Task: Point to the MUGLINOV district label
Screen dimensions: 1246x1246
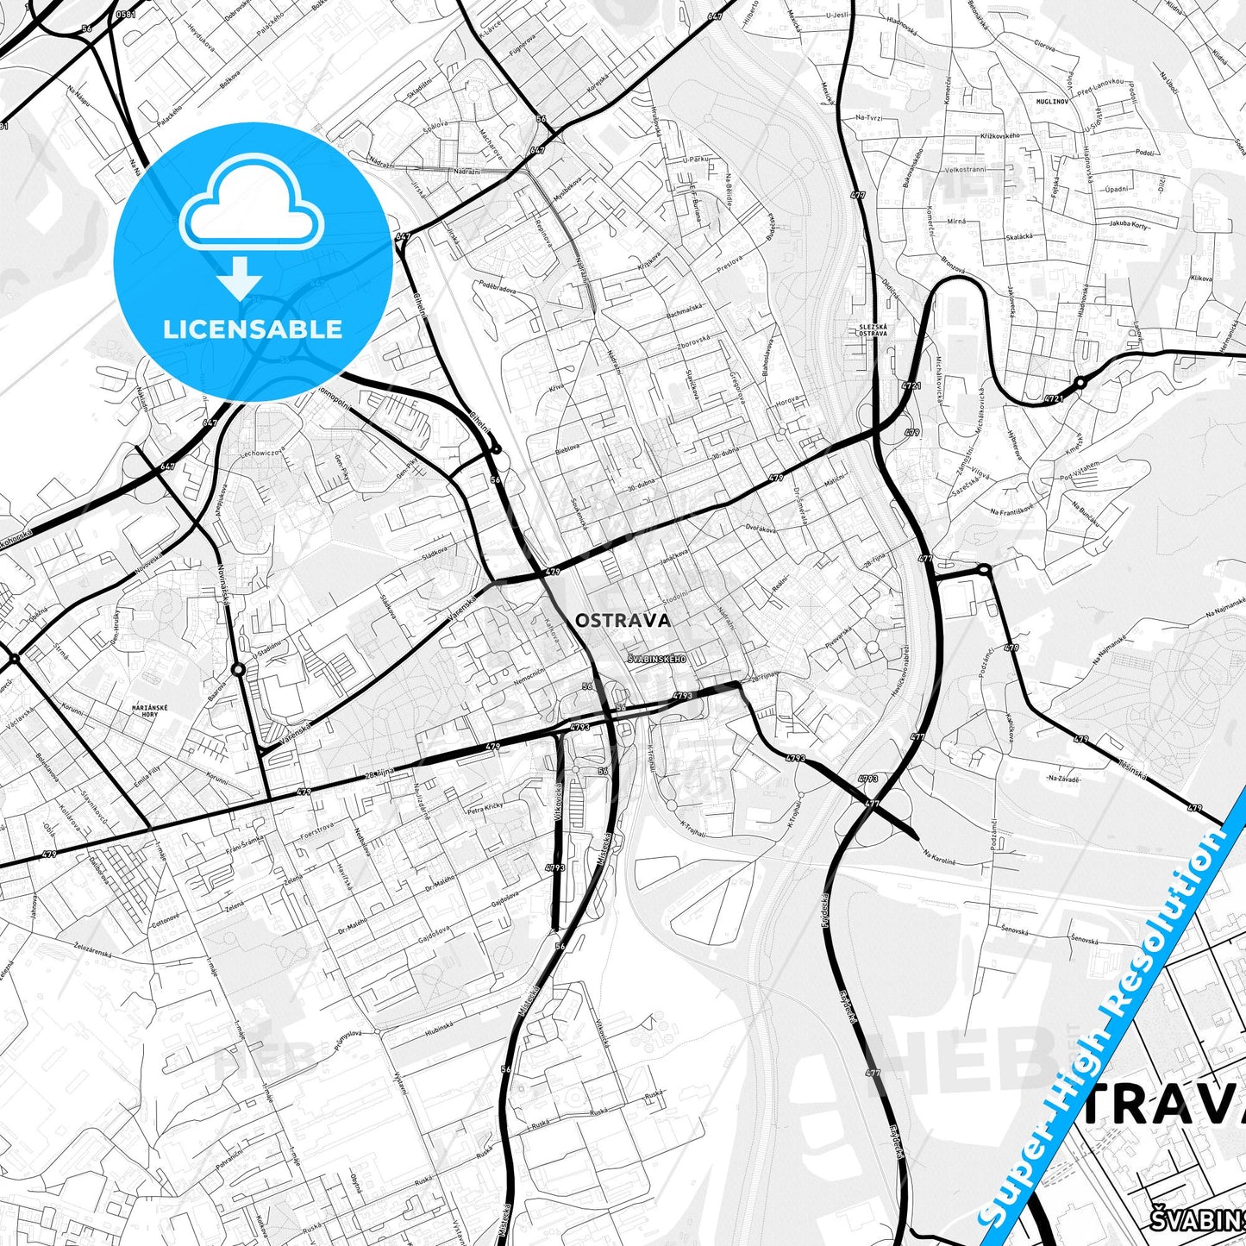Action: click(1052, 101)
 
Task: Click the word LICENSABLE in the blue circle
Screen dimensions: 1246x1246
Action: click(253, 329)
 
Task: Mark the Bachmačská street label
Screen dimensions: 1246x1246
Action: click(685, 310)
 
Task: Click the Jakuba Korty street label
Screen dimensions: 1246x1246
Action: click(1128, 225)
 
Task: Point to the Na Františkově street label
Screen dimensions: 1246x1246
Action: click(1013, 511)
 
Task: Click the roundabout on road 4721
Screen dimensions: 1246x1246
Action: click(1079, 382)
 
